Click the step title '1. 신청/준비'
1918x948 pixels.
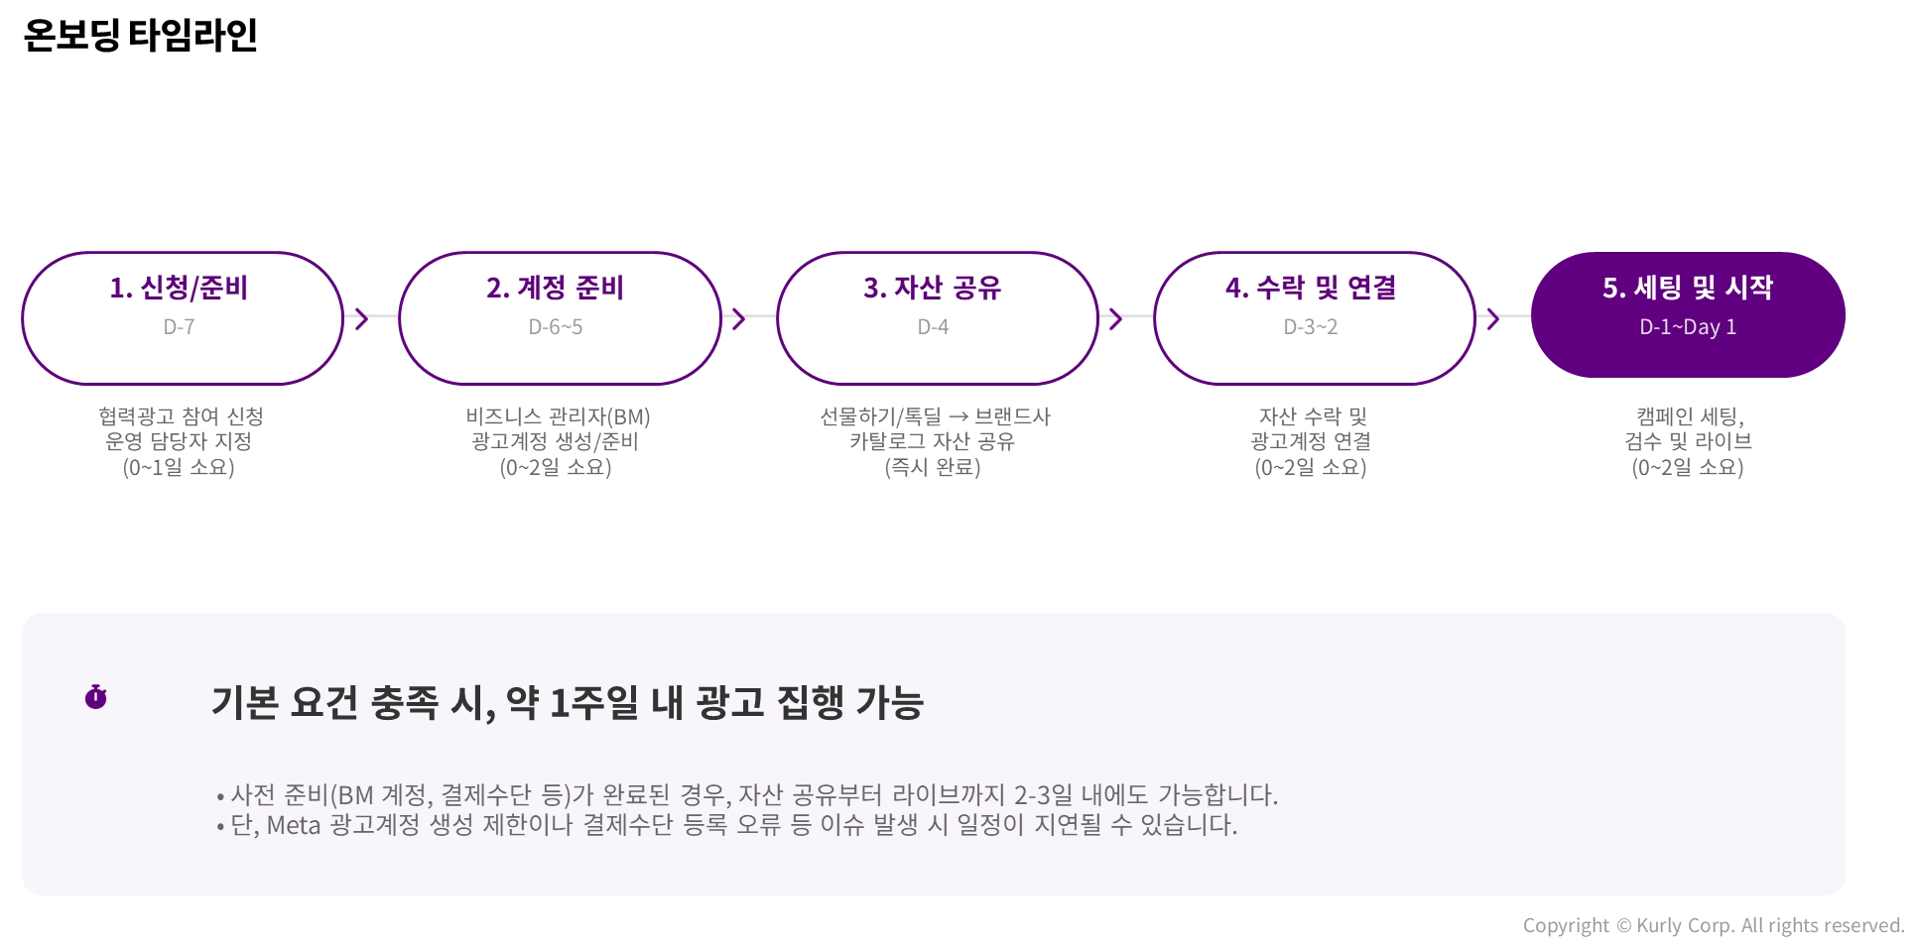click(x=179, y=288)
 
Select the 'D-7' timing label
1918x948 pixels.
click(x=179, y=327)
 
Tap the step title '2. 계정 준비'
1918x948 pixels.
click(x=555, y=288)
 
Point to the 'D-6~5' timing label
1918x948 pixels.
click(x=556, y=327)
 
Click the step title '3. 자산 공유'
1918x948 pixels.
click(x=932, y=288)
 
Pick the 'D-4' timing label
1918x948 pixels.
click(x=933, y=327)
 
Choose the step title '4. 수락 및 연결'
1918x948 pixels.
click(x=1311, y=288)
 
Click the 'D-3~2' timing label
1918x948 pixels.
click(x=1311, y=327)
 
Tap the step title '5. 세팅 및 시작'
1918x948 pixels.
click(x=1688, y=288)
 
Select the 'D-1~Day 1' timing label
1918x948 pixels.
click(x=1688, y=327)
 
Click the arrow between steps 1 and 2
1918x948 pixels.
click(x=361, y=318)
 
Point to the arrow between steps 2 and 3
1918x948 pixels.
click(x=738, y=318)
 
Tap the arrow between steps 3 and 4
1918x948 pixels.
click(x=1115, y=318)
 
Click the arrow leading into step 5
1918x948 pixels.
click(x=1492, y=318)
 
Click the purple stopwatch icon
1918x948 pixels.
click(x=95, y=697)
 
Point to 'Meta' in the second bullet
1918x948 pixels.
click(x=294, y=825)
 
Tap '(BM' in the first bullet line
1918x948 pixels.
click(x=350, y=795)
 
